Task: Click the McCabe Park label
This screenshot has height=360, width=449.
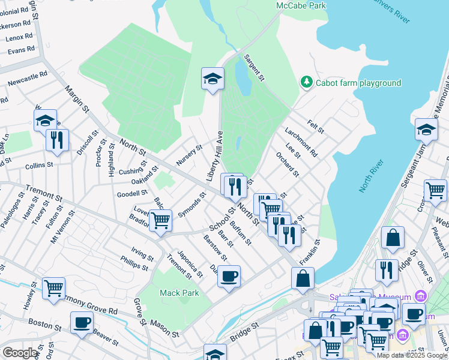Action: point(301,5)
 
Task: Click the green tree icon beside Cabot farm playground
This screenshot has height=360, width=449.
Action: point(307,82)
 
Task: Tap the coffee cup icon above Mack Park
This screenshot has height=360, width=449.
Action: point(229,277)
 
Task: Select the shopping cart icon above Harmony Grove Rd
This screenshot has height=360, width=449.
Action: point(54,289)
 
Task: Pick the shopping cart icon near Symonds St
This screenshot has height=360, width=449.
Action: point(161,221)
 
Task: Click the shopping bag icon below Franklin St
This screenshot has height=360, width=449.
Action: point(303,278)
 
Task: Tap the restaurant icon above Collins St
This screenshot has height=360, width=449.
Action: point(57,140)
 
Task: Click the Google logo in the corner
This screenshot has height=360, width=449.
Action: point(20,353)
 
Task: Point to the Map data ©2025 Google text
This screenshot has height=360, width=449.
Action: point(412,355)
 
